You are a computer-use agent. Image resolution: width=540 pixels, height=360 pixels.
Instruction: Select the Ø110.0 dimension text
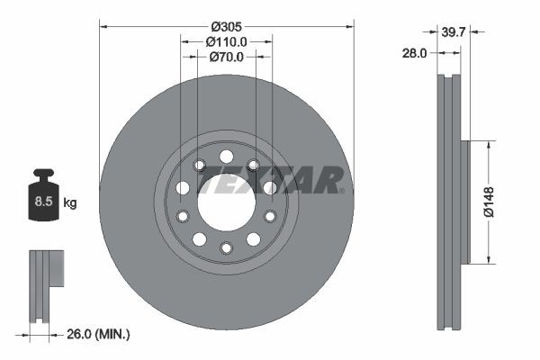click(x=226, y=41)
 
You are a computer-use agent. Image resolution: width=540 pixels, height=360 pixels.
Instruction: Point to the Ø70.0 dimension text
click(x=226, y=57)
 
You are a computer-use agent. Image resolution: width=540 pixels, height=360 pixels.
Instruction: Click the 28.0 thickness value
click(x=414, y=53)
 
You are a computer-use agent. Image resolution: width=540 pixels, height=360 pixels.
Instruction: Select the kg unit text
click(x=70, y=203)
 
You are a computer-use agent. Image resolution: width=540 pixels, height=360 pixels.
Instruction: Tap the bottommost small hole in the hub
click(x=226, y=247)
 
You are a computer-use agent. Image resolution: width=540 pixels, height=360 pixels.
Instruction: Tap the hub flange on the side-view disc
click(x=464, y=202)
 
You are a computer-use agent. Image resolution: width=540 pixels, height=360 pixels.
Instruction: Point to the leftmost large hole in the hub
click(x=183, y=188)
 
